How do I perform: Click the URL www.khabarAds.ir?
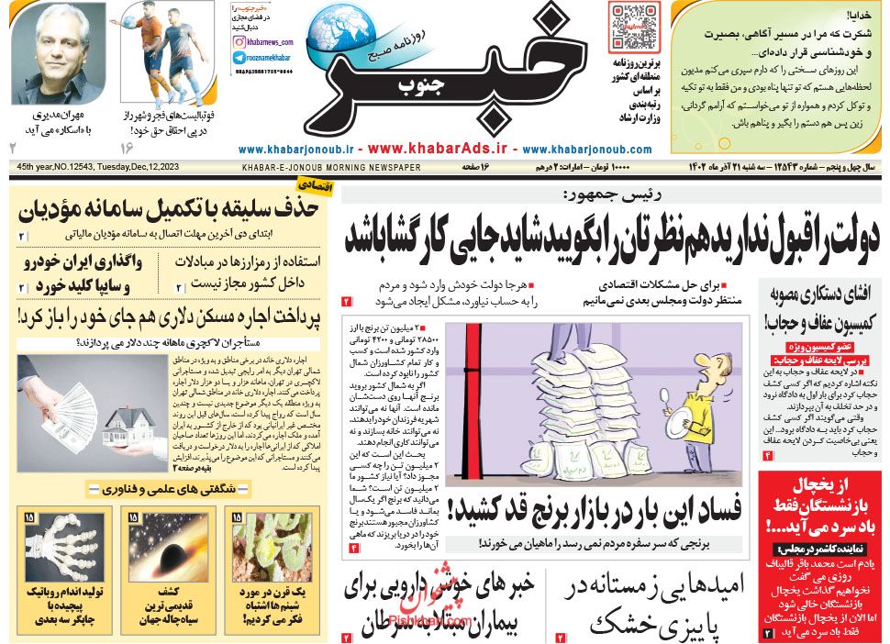[x=439, y=148]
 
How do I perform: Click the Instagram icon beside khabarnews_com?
[x=239, y=42]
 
